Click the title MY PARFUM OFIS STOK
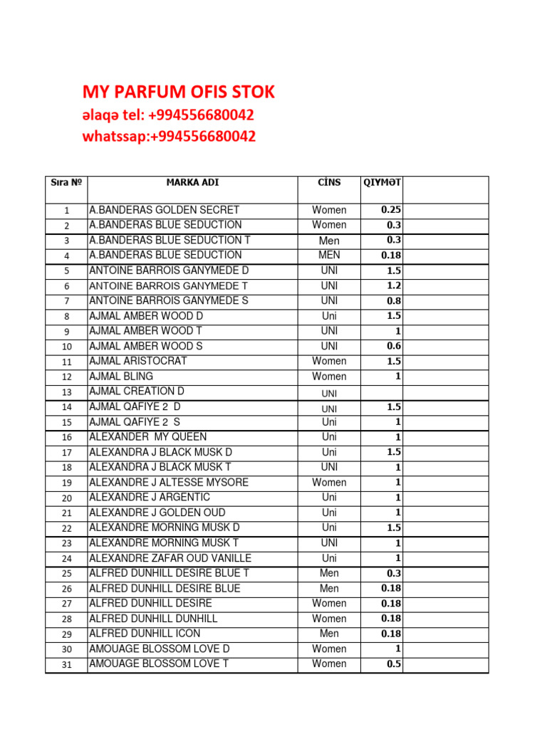179,92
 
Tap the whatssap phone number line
169,136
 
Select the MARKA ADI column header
192,182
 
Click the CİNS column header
329,182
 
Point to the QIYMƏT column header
382,182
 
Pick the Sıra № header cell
66,182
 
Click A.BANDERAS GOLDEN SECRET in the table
165,210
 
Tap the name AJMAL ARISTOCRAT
138,361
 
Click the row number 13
67,392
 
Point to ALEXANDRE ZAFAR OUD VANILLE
170,558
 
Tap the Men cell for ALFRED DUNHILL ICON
329,634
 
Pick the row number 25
67,574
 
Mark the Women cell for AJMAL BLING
329,377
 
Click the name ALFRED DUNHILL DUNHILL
153,619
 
